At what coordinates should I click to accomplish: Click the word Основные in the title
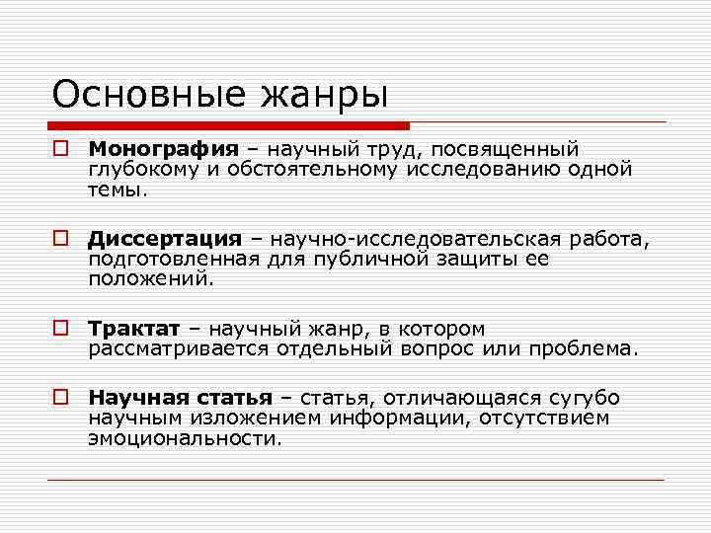click(x=136, y=95)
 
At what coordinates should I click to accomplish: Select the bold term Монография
click(x=164, y=150)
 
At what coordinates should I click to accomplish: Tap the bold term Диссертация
click(x=165, y=240)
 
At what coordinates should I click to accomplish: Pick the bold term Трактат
click(x=134, y=329)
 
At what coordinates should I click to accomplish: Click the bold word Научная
click(x=128, y=398)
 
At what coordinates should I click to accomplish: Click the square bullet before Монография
click(x=61, y=150)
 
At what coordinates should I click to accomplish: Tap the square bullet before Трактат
click(x=61, y=329)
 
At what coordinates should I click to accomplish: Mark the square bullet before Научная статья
click(x=61, y=398)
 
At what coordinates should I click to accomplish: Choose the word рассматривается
click(x=168, y=348)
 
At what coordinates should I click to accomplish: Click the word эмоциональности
click(x=184, y=437)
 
